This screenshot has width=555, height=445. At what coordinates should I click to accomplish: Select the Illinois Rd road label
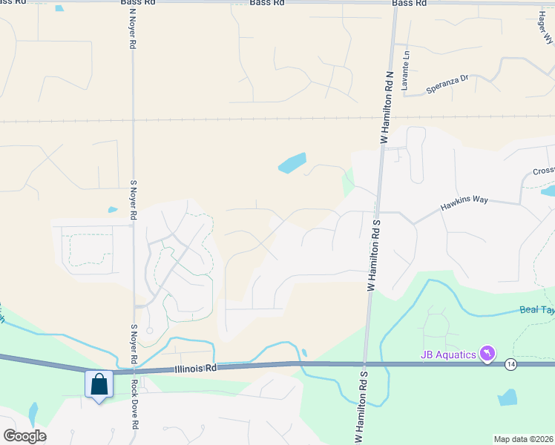[x=196, y=368]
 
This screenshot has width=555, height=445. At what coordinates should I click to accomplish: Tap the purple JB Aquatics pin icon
[x=487, y=353]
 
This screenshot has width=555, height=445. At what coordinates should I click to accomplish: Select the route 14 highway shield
[x=510, y=364]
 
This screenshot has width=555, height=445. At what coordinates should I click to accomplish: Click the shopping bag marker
[x=99, y=386]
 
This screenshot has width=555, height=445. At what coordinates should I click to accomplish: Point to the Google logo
[x=24, y=436]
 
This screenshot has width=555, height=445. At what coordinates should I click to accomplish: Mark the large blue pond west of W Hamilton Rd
[x=292, y=162]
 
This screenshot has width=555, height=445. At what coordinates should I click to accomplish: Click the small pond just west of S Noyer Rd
[x=112, y=210]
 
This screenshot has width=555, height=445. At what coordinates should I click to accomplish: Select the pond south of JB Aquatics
[x=508, y=398]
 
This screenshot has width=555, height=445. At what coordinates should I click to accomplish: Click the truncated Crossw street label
[x=543, y=171]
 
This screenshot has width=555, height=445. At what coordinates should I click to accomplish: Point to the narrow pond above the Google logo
[x=32, y=413]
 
